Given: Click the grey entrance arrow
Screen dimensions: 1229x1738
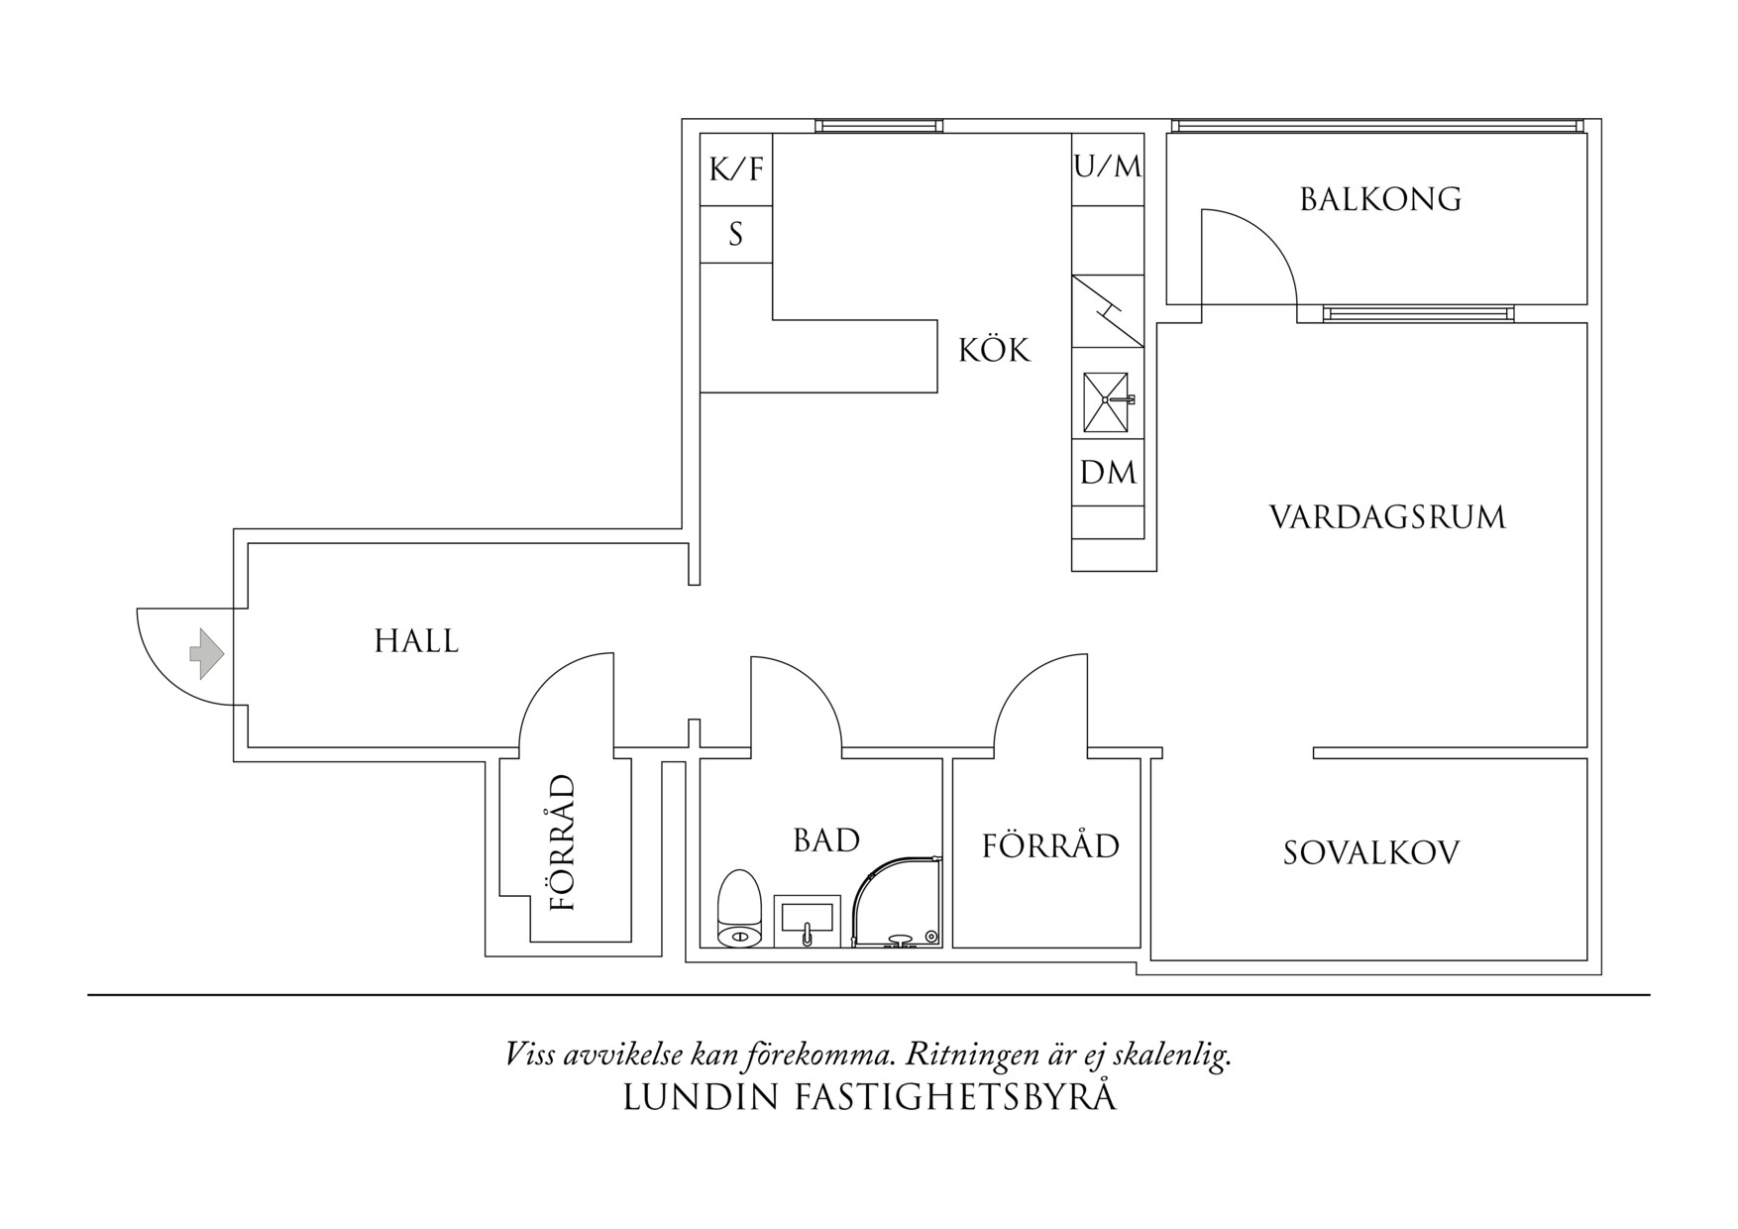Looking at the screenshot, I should (x=207, y=654).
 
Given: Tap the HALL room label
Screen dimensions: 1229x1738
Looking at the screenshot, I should (x=416, y=642).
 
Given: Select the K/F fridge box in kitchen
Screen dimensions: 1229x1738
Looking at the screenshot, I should (x=736, y=169).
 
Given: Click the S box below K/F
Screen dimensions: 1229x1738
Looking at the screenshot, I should (x=736, y=235).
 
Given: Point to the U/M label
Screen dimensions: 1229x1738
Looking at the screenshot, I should (x=1108, y=167).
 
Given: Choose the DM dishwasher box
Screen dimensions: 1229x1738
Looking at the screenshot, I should (x=1108, y=473).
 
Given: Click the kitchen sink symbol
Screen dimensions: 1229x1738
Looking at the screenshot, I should (x=1106, y=402).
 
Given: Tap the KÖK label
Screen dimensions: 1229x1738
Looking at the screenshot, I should (x=994, y=351).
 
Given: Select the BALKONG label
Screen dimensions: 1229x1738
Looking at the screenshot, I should (x=1380, y=200).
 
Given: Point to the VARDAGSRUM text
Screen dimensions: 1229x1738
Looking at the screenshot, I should (x=1387, y=517).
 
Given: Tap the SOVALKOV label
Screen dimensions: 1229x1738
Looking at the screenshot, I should (x=1371, y=853).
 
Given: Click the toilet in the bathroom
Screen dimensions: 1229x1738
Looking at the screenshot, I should (x=738, y=908).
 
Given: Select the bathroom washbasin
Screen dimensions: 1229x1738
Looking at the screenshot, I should (x=807, y=921).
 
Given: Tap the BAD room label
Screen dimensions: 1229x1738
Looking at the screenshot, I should (x=826, y=840).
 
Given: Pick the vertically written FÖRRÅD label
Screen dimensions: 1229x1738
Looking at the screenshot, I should (x=563, y=843).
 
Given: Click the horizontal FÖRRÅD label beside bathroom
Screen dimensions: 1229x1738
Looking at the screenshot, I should (x=1050, y=846).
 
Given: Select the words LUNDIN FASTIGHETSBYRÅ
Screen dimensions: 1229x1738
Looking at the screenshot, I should (x=869, y=1097).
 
